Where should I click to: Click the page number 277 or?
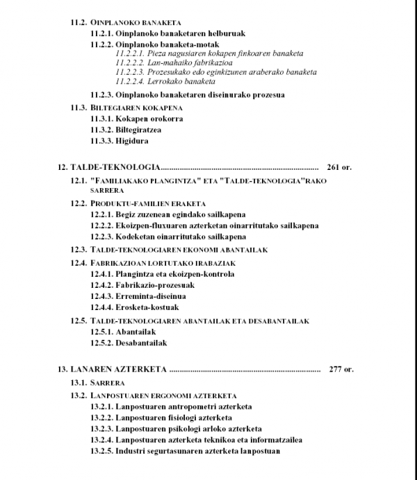pyautogui.click(x=341, y=368)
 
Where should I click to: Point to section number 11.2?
pyautogui.click(x=79, y=21)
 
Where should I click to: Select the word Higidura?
pyautogui.click(x=134, y=141)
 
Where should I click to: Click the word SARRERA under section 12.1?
pyautogui.click(x=106, y=189)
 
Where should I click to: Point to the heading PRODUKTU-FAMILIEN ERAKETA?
pyautogui.click(x=148, y=203)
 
